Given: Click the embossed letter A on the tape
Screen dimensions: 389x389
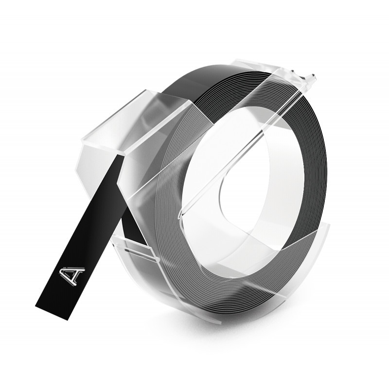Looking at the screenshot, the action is coord(71,276).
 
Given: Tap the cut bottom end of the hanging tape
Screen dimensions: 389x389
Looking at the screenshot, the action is coord(53,313).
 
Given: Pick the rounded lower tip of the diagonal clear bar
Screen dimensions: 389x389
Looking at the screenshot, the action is coord(180,215).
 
